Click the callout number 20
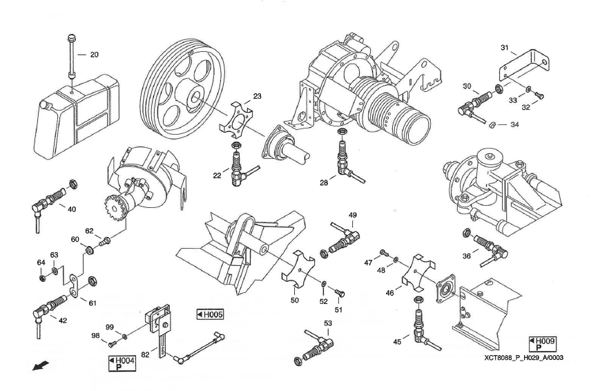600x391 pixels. pos(95,54)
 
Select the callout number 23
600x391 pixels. pos(257,97)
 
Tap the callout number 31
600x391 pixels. pos(504,48)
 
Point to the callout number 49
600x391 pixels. pos(352,216)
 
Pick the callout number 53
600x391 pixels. pos(327,323)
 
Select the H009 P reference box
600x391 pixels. pos(542,343)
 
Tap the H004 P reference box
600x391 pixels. pos(122,363)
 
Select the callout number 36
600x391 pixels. pos(467,256)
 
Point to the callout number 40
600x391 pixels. pos(71,209)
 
